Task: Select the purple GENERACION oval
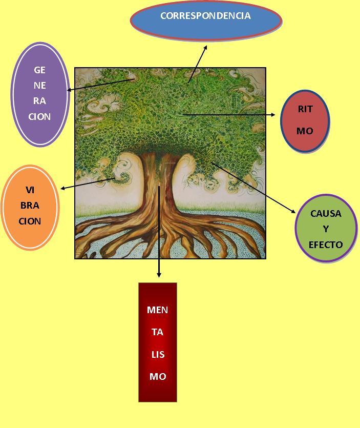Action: pos(39,93)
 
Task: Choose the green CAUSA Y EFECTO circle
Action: pos(326,229)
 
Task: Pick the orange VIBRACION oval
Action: pos(30,207)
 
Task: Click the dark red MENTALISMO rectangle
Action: pos(158,342)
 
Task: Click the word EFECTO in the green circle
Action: pos(326,244)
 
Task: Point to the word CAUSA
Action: pos(326,213)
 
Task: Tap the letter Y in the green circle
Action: pos(326,229)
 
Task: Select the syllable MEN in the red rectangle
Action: pos(157,310)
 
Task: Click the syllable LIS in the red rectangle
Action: pos(158,354)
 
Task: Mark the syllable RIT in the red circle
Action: pos(305,109)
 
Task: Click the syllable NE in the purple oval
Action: pos(40,86)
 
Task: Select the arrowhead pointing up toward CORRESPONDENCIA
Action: pos(205,47)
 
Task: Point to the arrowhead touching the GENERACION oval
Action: pos(70,90)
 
